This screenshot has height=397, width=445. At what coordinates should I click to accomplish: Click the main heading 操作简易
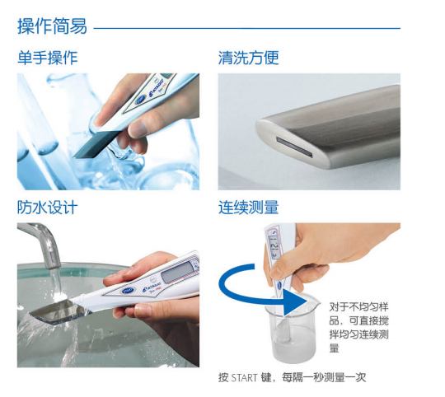[x=52, y=26]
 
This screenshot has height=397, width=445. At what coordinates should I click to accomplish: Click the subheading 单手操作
[x=48, y=58]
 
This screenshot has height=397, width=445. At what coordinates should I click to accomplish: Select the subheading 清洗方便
[x=248, y=58]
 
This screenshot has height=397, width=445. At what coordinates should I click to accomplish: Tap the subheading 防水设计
[x=47, y=208]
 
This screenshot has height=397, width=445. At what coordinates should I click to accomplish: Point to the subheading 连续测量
[x=248, y=208]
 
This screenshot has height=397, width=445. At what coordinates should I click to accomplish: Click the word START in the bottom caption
[x=244, y=378]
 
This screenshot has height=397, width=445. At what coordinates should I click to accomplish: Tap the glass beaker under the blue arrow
[x=291, y=329]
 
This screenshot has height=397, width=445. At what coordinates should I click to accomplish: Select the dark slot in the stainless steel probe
[x=294, y=147]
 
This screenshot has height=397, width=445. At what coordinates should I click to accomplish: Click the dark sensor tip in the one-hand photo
[x=95, y=144]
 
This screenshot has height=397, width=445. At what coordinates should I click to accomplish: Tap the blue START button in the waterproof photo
[x=129, y=291]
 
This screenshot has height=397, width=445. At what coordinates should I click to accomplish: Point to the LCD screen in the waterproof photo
[x=177, y=272]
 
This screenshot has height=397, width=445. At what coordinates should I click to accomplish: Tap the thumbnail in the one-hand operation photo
[x=138, y=129]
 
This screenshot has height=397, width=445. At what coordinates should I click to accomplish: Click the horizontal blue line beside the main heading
[x=247, y=28]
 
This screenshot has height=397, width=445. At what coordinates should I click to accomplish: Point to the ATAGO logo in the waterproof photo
[x=152, y=286]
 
